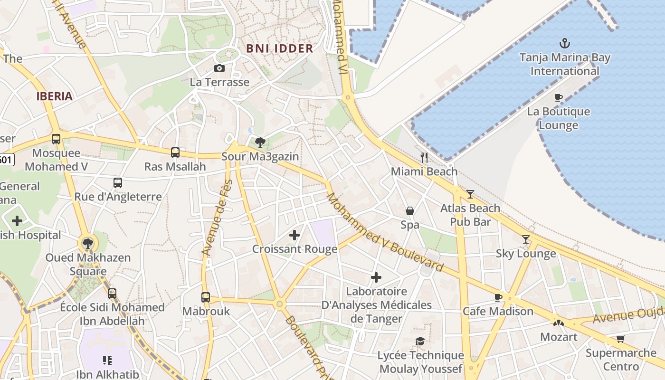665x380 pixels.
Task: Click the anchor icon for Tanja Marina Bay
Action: tap(564, 44)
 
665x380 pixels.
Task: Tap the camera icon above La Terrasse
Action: tap(219, 68)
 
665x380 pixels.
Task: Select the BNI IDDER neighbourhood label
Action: tap(279, 48)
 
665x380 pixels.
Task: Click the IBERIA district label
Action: tap(55, 96)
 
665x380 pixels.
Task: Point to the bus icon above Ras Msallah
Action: tap(175, 152)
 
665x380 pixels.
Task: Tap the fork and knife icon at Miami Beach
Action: tap(424, 157)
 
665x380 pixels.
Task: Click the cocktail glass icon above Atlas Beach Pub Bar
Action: tap(470, 194)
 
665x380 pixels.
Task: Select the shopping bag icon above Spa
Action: tap(409, 211)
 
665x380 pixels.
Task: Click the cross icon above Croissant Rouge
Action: tap(294, 235)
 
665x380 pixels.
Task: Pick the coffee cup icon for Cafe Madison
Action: tap(498, 297)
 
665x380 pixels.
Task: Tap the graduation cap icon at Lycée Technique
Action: tap(420, 341)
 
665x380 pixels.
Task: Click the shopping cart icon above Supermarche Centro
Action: tap(620, 339)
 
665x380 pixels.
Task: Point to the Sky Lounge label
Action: tap(526, 254)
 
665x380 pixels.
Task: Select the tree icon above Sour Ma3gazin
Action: tap(260, 142)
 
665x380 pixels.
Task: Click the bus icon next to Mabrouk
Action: tap(206, 297)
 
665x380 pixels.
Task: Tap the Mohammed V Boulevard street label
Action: tap(385, 232)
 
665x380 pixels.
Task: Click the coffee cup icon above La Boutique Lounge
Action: tap(559, 97)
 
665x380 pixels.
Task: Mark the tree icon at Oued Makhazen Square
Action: tap(87, 244)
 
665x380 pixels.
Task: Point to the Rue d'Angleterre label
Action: tap(118, 197)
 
